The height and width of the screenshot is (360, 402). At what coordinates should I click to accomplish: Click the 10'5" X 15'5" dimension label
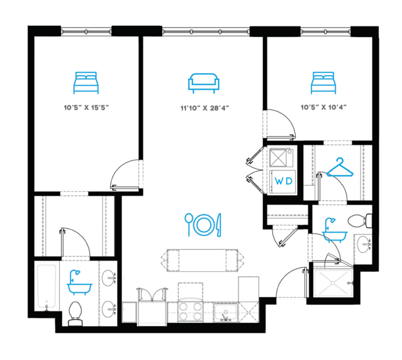click(x=86, y=108)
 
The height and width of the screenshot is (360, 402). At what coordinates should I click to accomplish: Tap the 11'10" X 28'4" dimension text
click(x=204, y=108)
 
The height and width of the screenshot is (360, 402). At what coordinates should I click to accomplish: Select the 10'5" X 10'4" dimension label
click(x=323, y=107)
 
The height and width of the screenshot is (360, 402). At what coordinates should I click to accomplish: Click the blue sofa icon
click(x=204, y=83)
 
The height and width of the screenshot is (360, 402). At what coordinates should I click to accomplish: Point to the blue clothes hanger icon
click(x=340, y=167)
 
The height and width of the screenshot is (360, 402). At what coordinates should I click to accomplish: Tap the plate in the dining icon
click(x=204, y=225)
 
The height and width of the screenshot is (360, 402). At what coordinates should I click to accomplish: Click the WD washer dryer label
click(x=284, y=181)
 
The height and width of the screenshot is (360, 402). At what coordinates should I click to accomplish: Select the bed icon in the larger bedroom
click(x=86, y=83)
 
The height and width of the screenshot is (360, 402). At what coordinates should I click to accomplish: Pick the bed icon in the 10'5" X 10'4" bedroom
click(x=323, y=83)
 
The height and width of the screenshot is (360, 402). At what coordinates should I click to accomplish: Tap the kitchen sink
click(x=226, y=313)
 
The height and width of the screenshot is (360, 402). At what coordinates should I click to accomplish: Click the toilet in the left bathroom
click(x=75, y=313)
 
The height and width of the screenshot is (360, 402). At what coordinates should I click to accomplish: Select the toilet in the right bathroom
click(x=360, y=220)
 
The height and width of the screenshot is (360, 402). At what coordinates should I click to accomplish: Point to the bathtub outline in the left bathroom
click(x=47, y=287)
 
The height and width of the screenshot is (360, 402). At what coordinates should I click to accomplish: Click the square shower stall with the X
click(x=333, y=283)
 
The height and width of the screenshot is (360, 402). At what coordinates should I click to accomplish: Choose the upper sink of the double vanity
click(x=109, y=278)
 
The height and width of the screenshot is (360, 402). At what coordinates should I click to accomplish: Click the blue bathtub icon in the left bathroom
click(x=79, y=283)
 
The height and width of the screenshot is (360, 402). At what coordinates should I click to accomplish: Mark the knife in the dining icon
click(x=219, y=225)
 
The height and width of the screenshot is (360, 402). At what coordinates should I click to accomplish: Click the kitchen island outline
click(x=203, y=261)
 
